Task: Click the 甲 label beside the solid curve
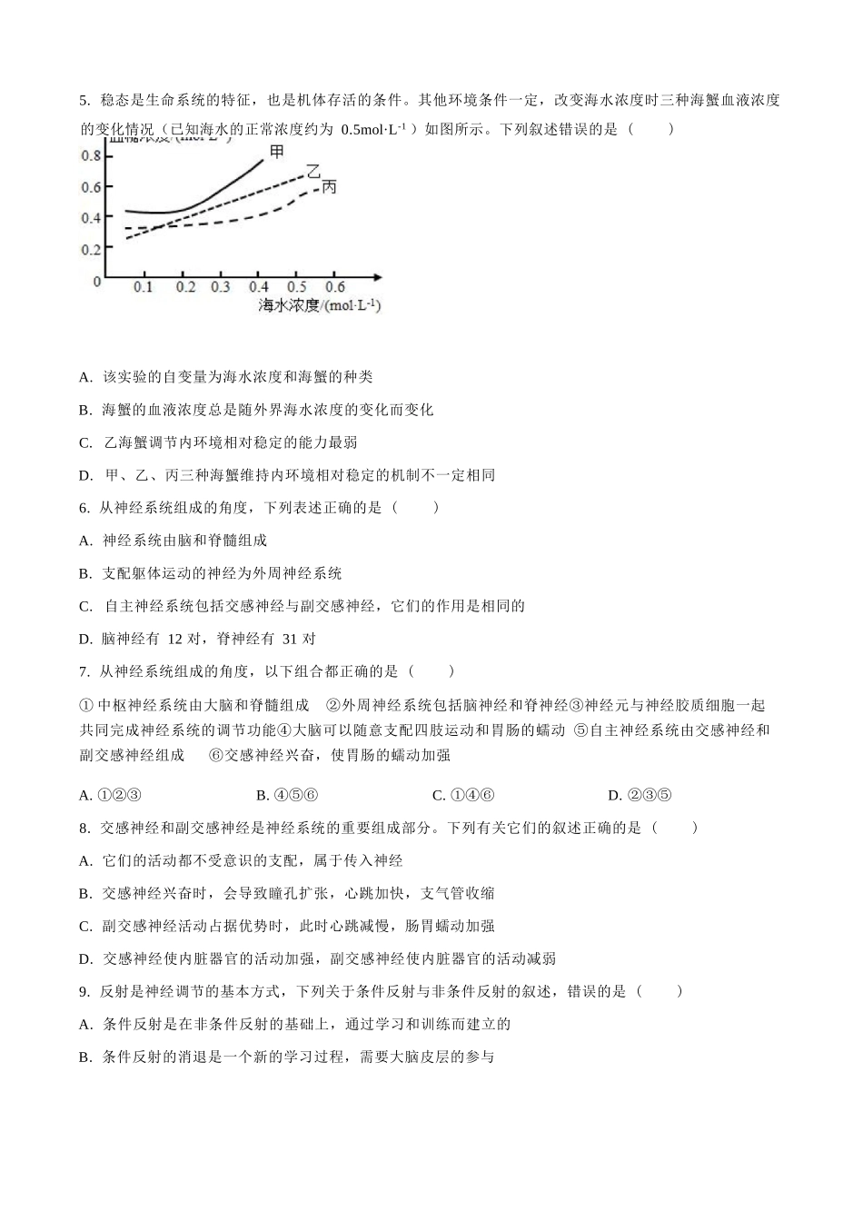tap(277, 151)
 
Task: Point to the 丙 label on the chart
tap(329, 186)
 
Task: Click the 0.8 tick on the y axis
tap(91, 155)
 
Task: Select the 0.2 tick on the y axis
tap(91, 249)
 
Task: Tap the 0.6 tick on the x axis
tap(334, 287)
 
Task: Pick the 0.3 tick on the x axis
tap(221, 287)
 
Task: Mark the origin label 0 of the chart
tap(96, 281)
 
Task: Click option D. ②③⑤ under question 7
tap(639, 796)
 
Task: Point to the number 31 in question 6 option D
tap(290, 639)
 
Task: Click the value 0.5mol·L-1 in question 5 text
tap(379, 129)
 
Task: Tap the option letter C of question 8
tap(85, 926)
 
